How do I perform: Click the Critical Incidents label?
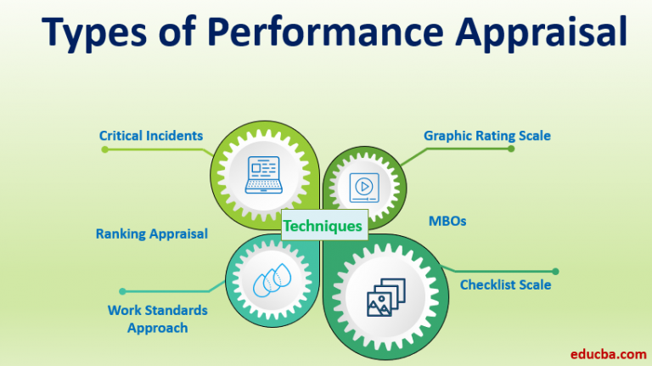coord(151,135)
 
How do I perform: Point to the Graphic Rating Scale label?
coord(486,135)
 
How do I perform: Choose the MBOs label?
coord(447,221)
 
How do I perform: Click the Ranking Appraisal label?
coord(151,234)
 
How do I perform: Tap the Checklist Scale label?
coord(505,284)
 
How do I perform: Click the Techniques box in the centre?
coord(322,225)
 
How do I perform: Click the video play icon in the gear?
coord(364,186)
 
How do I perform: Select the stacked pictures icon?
coord(385,293)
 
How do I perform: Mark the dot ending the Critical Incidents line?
coord(104,149)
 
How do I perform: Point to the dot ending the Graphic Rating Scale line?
coord(511,149)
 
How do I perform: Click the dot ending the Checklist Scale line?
coord(555,272)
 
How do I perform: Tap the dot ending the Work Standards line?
coord(122,291)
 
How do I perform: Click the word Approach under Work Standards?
coord(157,328)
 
